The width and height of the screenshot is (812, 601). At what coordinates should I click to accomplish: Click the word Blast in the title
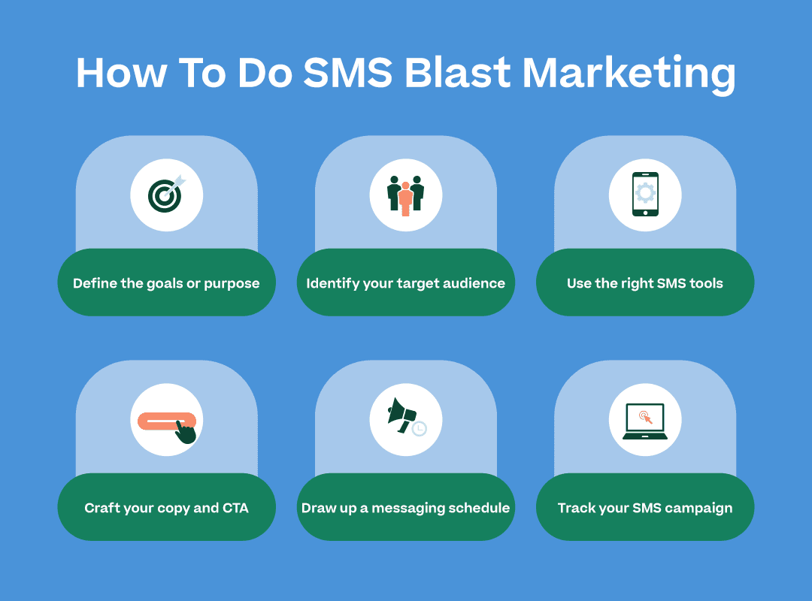tap(456, 74)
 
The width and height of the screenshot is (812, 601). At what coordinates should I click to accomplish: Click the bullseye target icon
tap(165, 195)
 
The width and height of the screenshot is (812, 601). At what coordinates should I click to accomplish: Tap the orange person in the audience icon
tap(406, 198)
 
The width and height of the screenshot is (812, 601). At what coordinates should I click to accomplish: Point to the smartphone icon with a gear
tap(645, 195)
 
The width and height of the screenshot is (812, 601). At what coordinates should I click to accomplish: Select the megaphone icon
tap(401, 415)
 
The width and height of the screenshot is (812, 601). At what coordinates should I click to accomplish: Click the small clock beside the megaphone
tap(420, 429)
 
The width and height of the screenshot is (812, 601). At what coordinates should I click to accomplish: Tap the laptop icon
tap(645, 421)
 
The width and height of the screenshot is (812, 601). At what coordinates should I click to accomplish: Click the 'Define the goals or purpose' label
tap(166, 283)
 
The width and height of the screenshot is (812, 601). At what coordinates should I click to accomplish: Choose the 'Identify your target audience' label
tap(406, 283)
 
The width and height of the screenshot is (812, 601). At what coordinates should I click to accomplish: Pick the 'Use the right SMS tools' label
tap(645, 283)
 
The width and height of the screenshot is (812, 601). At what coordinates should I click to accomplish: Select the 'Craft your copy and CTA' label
tap(166, 508)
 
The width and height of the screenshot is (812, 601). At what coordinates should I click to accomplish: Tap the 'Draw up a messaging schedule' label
tap(406, 508)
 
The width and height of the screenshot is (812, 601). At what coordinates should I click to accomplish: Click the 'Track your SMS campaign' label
tap(645, 508)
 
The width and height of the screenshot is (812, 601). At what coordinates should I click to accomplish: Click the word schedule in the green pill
tap(477, 508)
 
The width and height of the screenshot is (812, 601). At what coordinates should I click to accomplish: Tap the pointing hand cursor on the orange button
tap(185, 431)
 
